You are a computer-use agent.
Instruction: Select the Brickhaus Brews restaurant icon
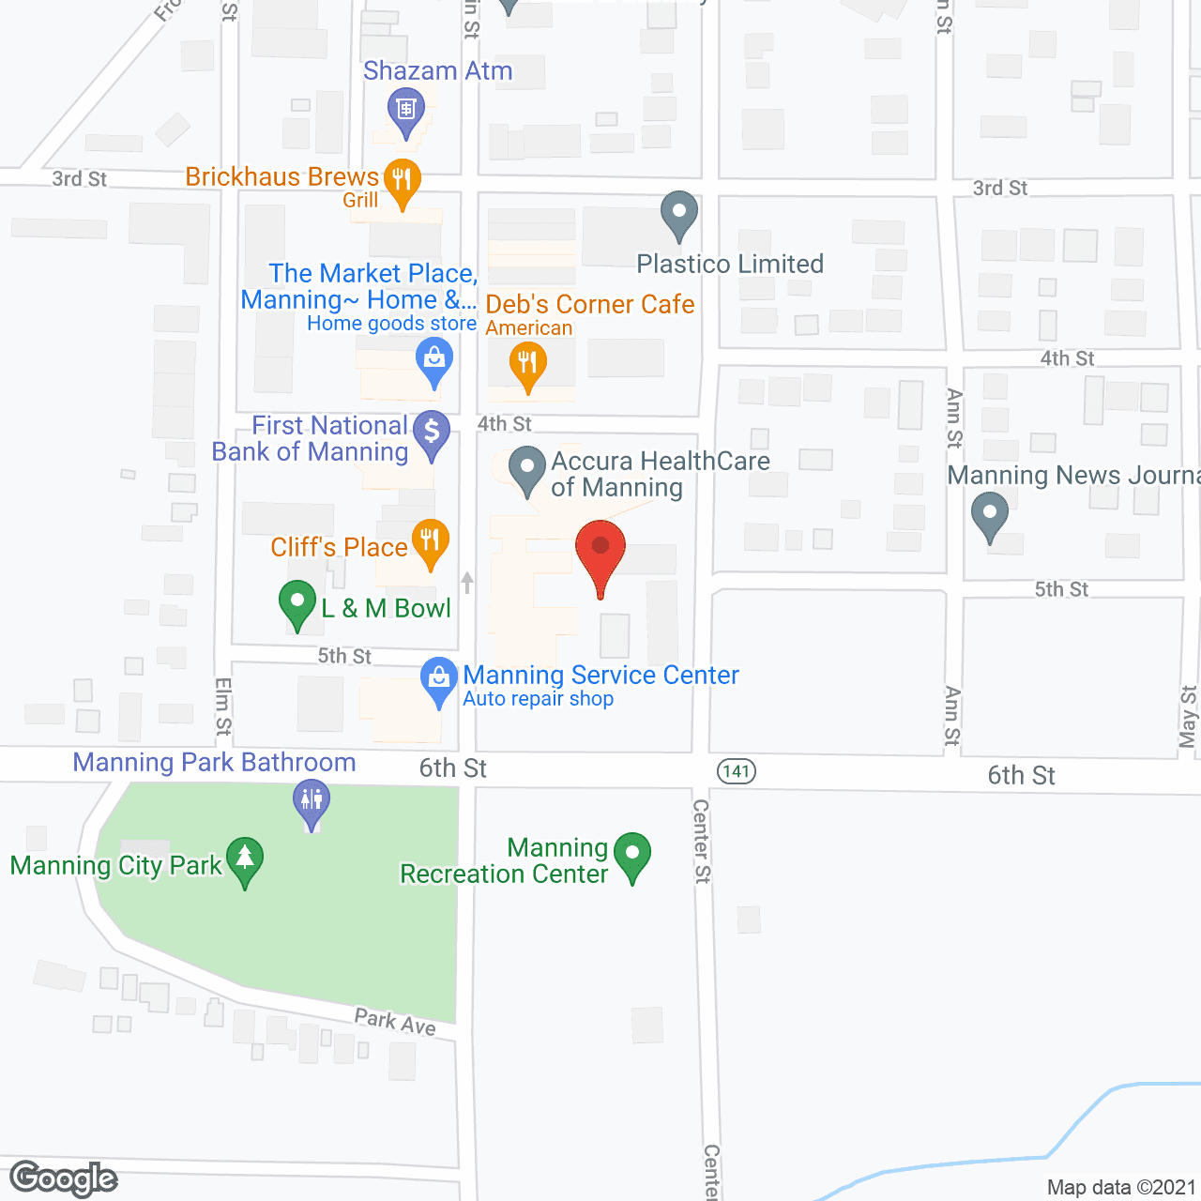pyautogui.click(x=403, y=179)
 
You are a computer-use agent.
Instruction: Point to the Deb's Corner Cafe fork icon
pyautogui.click(x=527, y=363)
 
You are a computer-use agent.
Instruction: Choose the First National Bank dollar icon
pyautogui.click(x=432, y=433)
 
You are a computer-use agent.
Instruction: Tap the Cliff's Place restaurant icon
pyautogui.click(x=430, y=540)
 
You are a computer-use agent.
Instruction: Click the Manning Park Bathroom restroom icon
pyautogui.click(x=312, y=802)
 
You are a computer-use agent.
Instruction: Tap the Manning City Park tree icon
pyautogui.click(x=245, y=858)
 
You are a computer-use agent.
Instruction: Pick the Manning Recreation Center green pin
pyautogui.click(x=631, y=855)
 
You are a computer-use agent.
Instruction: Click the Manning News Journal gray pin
pyautogui.click(x=989, y=515)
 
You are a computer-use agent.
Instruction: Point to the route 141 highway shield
pyautogui.click(x=737, y=771)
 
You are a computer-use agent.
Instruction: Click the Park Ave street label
pyautogui.click(x=395, y=1022)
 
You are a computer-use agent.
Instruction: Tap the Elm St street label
pyautogui.click(x=222, y=706)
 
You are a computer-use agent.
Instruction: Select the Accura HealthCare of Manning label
pyautogui.click(x=661, y=474)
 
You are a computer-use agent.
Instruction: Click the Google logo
pyautogui.click(x=64, y=1178)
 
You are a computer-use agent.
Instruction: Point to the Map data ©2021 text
pyautogui.click(x=1121, y=1187)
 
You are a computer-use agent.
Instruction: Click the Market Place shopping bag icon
pyautogui.click(x=433, y=359)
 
